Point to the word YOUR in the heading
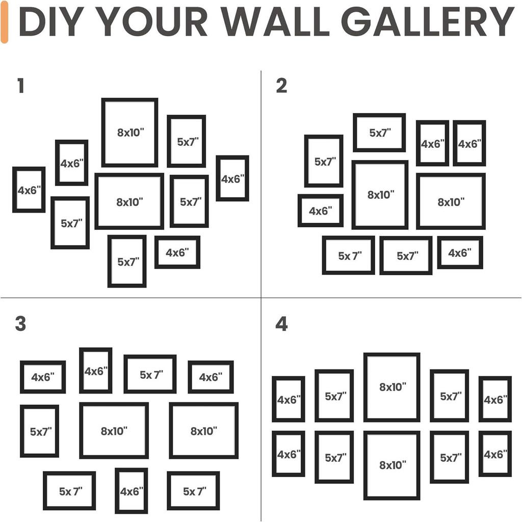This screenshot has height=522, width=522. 151,21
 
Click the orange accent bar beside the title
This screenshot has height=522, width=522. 5,21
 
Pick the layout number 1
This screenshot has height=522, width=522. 20,86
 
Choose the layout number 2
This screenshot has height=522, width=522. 281,86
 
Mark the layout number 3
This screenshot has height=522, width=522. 20,324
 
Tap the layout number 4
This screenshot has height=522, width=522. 281,324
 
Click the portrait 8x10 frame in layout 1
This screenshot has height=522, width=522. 129,133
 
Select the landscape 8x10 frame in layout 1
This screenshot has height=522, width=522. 129,201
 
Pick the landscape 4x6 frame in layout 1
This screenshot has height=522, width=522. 177,252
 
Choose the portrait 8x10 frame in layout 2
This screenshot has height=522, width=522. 380,195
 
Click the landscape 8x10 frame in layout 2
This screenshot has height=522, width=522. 451,201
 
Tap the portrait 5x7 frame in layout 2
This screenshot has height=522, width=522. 324,161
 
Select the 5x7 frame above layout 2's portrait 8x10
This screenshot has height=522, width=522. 379,133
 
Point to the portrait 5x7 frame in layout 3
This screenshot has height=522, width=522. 39,431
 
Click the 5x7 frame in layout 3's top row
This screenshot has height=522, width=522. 150,374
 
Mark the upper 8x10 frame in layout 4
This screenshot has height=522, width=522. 391,387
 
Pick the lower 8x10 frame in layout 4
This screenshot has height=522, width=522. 391,465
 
